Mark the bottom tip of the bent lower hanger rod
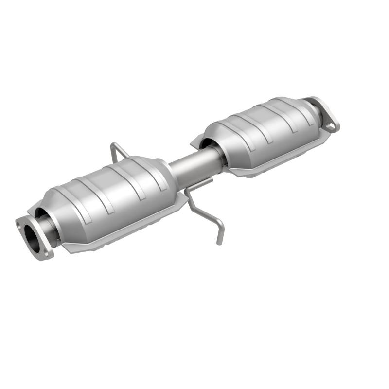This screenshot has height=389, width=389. coord(219,242)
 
